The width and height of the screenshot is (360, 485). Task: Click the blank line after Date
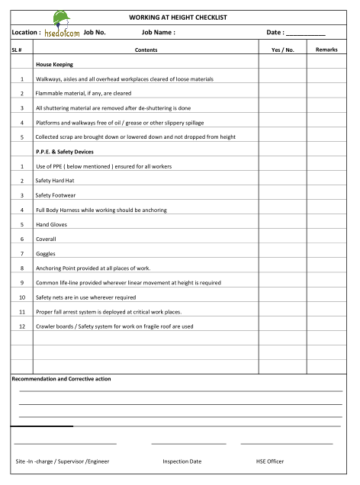[305, 34]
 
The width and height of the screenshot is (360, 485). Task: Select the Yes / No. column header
[282, 50]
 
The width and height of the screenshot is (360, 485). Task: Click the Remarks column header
[326, 50]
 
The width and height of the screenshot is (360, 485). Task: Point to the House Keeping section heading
[54, 65]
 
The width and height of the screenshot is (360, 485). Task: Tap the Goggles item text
[46, 253]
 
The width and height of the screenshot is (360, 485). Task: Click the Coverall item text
[47, 239]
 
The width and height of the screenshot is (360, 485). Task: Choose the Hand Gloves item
[50, 224]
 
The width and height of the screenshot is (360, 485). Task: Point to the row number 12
[22, 326]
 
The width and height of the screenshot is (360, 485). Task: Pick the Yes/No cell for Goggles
[282, 253]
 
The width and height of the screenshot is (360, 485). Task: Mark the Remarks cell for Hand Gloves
[326, 224]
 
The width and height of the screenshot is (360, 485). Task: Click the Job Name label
[159, 33]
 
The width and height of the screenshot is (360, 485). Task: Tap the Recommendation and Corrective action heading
[61, 379]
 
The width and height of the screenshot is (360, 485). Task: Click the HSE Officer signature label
[270, 461]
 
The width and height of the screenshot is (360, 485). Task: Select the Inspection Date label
[182, 461]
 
